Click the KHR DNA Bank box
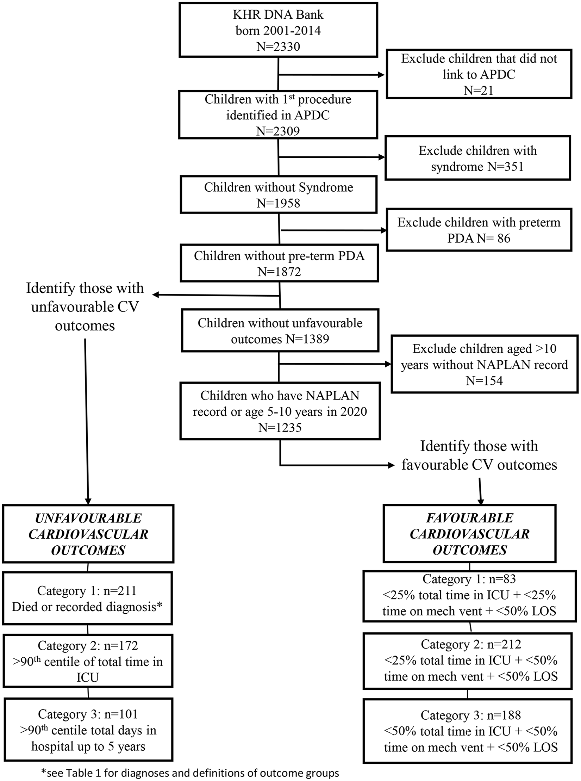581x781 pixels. pyautogui.click(x=278, y=30)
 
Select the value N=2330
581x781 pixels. pyautogui.click(x=278, y=47)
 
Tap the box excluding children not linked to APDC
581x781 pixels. pyautogui.click(x=479, y=74)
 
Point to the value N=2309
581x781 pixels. pyautogui.click(x=278, y=131)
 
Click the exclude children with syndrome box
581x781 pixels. pyautogui.click(x=477, y=158)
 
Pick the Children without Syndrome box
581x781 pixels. pyautogui.click(x=279, y=195)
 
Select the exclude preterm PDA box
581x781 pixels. pyautogui.click(x=479, y=230)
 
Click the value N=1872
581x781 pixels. pyautogui.click(x=279, y=272)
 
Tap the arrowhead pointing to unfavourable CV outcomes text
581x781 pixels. pyautogui.click(x=156, y=295)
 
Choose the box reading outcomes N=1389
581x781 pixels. pyautogui.click(x=280, y=330)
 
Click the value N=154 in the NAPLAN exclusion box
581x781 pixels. pyautogui.click(x=485, y=381)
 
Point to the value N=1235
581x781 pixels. pyautogui.click(x=280, y=428)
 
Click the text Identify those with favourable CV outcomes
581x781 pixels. pyautogui.click(x=479, y=455)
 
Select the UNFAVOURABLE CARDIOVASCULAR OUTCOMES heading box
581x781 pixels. pyautogui.click(x=88, y=534)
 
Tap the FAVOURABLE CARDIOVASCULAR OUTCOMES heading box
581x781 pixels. pyautogui.click(x=470, y=533)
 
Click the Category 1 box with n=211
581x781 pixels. pyautogui.click(x=87, y=598)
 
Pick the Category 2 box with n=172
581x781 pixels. pyautogui.click(x=88, y=661)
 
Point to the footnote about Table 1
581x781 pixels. pyautogui.click(x=190, y=773)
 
